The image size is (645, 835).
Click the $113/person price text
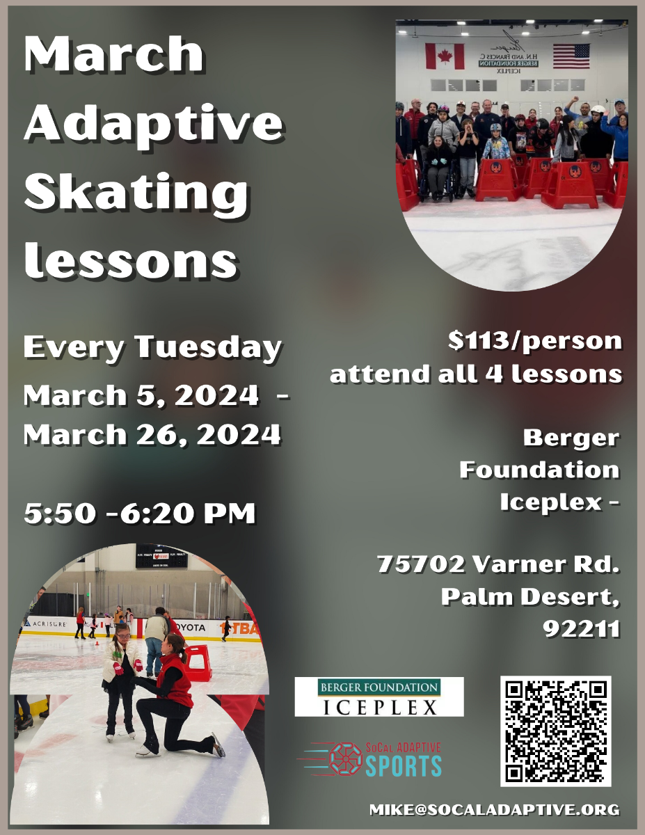[534, 340]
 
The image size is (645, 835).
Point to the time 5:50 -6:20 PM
[139, 513]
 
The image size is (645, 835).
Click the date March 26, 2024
[152, 435]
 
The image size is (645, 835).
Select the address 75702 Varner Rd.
[497, 564]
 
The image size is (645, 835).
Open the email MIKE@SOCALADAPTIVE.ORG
[494, 809]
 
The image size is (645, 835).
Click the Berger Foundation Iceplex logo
[379, 697]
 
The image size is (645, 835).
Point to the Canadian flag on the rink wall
[439, 56]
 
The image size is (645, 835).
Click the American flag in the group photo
[571, 55]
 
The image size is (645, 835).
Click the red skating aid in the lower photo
[198, 662]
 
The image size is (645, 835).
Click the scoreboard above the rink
[161, 555]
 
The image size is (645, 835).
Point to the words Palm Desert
[529, 596]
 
